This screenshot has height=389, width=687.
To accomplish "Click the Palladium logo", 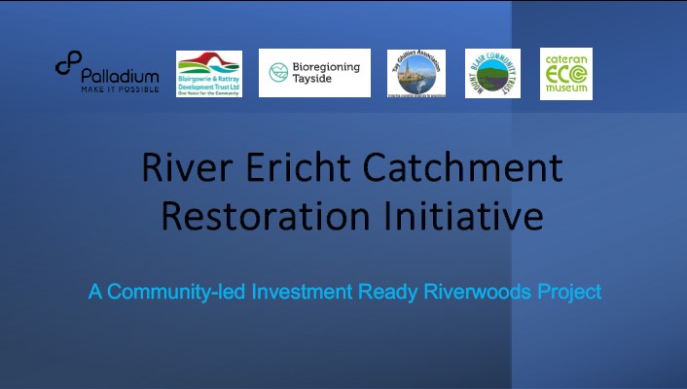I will coord(107,72).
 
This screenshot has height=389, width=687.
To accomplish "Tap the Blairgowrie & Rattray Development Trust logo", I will coord(209,73).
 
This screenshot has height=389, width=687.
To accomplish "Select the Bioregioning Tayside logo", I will coord(314,73).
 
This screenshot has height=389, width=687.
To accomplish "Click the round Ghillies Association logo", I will coord(416,73).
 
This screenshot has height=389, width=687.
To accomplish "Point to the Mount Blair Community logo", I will coord(492,73).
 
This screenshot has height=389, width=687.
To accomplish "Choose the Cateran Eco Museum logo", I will coord(565,73).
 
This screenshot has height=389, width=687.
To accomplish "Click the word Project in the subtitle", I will coord(568,291).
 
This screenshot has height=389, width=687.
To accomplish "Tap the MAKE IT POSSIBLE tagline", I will coord(120,88).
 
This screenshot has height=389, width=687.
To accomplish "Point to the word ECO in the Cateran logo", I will coord(565,74).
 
